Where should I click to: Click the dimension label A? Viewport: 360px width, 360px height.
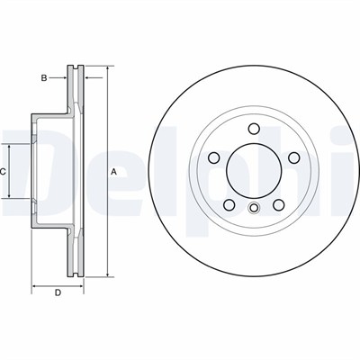pyautogui.click(x=113, y=172)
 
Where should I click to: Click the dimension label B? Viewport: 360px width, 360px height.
pyautogui.click(x=44, y=78)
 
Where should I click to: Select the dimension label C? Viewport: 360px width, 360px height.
pyautogui.click(x=3, y=172)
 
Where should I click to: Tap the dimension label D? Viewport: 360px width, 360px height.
pyautogui.click(x=58, y=292)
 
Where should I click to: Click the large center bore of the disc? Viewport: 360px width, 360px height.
pyautogui.click(x=254, y=171)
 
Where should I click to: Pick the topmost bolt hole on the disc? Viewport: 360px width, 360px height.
pyautogui.click(x=254, y=129)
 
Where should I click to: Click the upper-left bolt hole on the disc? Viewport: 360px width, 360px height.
pyautogui.click(x=213, y=157)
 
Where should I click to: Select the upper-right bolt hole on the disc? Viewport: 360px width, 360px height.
pyautogui.click(x=294, y=157)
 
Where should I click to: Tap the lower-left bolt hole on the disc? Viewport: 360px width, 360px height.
pyautogui.click(x=229, y=205)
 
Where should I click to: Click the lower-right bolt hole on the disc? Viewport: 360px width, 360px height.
pyautogui.click(x=279, y=205)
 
